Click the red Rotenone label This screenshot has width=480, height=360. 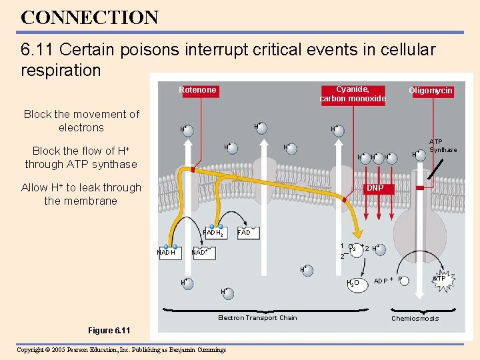point(197,90)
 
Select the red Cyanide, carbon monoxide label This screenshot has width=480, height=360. point(353,94)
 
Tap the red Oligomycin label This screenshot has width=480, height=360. point(431,91)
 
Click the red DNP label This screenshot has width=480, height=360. point(375,189)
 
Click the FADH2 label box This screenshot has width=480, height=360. point(213,233)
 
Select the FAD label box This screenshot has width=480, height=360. point(244,232)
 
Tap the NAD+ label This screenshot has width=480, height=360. point(200,253)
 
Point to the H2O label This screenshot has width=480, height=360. point(353,283)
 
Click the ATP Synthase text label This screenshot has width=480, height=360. point(443,146)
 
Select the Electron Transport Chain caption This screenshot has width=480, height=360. point(257,318)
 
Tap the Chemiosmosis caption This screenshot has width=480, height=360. point(415,319)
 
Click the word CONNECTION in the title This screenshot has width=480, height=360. point(89,17)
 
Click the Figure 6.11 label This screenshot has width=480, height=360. point(109,331)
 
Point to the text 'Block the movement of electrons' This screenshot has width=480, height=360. point(81,121)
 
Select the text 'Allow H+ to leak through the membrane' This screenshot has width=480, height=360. point(81,194)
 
